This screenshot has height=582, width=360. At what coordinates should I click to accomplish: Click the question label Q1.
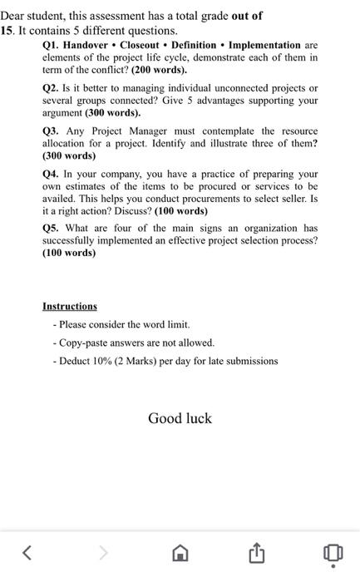pos(52,45)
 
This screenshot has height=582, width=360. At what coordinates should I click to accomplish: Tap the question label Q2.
pos(52,88)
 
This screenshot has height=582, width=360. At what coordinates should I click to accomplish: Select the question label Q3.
pos(52,131)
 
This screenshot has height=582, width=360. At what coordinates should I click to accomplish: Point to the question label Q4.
pos(52,174)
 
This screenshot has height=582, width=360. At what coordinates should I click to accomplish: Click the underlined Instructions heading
pos(70,306)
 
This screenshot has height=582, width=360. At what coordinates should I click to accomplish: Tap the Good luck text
pos(180,418)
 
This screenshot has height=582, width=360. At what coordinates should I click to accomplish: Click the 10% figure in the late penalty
pos(102,361)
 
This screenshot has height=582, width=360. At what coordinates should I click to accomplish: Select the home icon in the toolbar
pos(180,552)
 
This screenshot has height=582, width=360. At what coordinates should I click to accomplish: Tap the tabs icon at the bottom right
pos(332,551)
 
